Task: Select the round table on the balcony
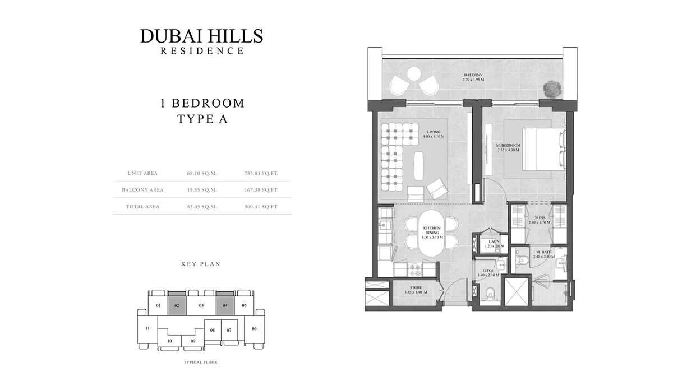414,73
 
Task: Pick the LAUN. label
494,241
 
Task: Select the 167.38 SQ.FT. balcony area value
261,190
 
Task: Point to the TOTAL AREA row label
144,207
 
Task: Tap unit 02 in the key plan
177,305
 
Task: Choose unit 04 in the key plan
225,305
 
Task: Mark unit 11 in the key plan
147,328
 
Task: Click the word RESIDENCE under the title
202,51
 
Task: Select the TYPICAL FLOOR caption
200,363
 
